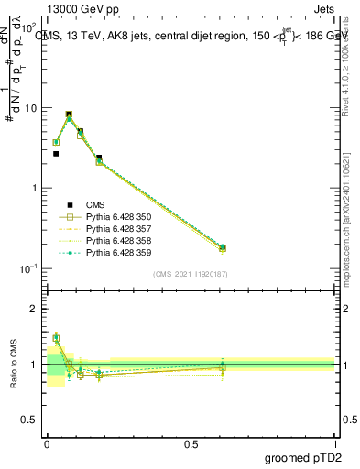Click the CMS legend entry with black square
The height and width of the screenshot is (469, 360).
point(95,205)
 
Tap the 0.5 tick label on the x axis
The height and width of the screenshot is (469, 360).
point(191,444)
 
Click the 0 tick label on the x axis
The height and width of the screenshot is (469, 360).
point(47,444)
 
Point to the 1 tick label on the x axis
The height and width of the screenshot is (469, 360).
point(335,444)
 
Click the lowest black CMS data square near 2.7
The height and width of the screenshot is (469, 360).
point(56,154)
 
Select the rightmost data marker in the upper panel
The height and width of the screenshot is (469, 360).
point(223,247)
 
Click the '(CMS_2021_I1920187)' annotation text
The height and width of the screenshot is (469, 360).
point(190,274)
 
